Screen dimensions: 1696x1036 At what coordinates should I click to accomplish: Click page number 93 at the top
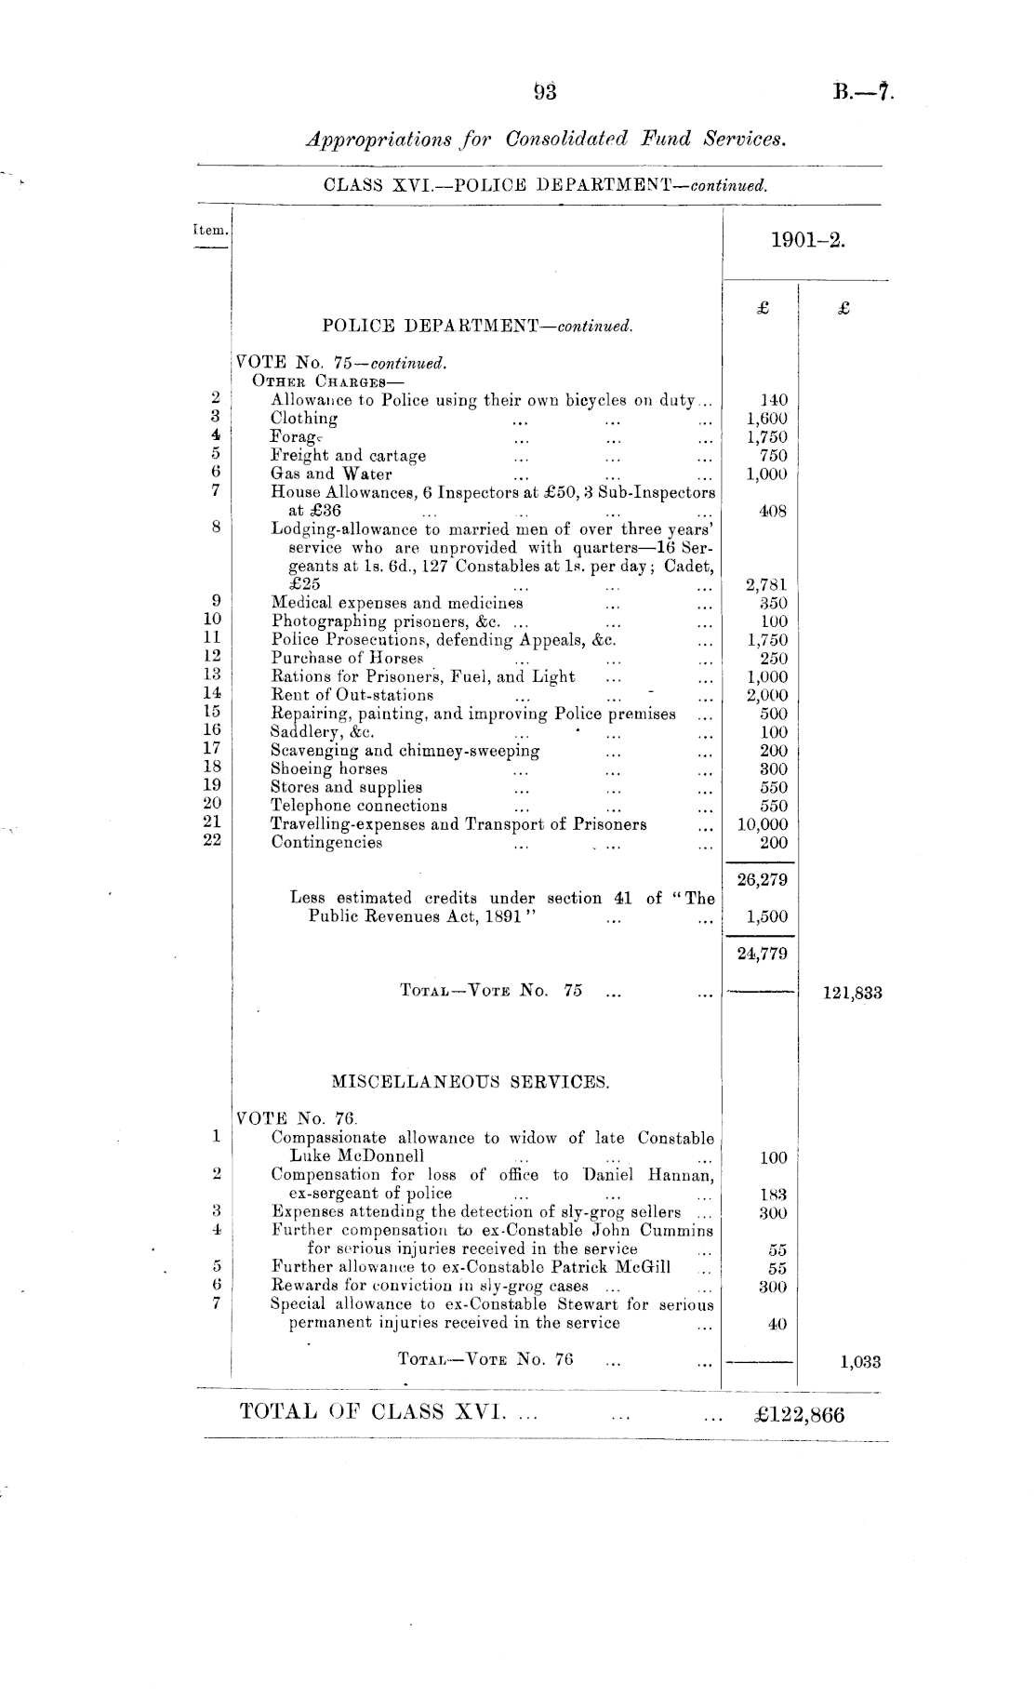pos(544,91)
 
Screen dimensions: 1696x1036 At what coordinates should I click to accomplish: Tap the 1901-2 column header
pos(807,241)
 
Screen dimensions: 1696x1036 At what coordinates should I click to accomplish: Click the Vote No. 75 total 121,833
pos(852,993)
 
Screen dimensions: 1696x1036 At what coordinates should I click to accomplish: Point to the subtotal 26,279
pos(762,880)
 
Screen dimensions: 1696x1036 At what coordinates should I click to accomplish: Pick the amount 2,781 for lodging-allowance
pos(766,585)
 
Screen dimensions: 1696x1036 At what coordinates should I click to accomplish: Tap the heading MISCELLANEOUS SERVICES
pos(471,1082)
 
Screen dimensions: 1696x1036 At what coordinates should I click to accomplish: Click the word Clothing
pos(304,419)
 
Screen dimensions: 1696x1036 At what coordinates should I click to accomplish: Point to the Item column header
pos(209,230)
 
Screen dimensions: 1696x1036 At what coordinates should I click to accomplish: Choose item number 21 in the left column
pos(212,822)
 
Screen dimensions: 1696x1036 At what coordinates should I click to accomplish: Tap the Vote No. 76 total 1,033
pos(860,1363)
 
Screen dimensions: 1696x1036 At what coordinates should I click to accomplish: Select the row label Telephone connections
pos(359,806)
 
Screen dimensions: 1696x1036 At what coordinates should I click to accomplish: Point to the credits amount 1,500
pos(766,916)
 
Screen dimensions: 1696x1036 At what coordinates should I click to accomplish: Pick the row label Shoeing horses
pos(329,768)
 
